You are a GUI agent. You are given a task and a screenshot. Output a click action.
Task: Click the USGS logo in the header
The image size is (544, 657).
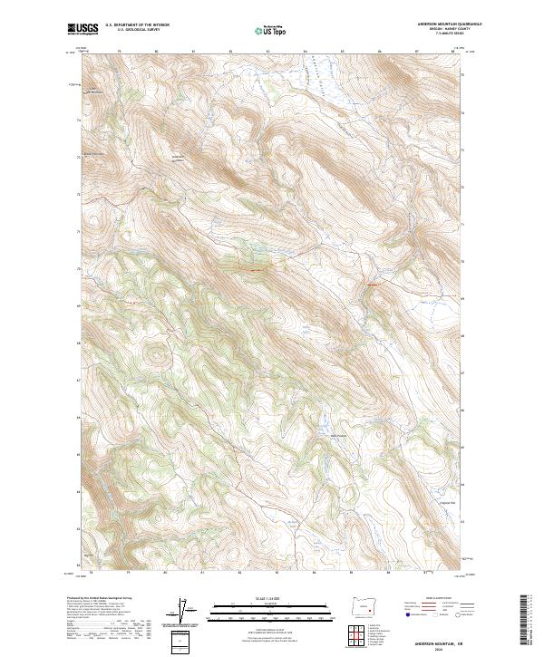[82, 30]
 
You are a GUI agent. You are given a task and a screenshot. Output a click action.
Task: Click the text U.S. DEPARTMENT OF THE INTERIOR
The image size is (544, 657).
[137, 26]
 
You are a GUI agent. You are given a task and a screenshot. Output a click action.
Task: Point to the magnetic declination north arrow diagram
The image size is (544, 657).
[183, 613]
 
